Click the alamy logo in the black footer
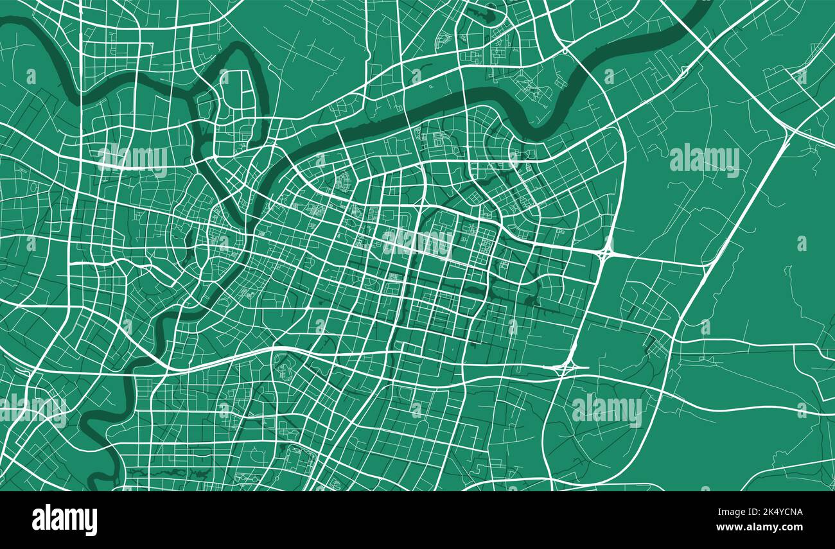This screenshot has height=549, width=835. point(65,520)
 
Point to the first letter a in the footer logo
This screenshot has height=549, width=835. point(39,520)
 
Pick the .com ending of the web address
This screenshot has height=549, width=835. point(791,527)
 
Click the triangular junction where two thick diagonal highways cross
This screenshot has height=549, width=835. point(789,130)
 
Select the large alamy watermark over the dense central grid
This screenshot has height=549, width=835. point(418,242)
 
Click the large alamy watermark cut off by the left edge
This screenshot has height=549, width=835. point(32,408)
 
